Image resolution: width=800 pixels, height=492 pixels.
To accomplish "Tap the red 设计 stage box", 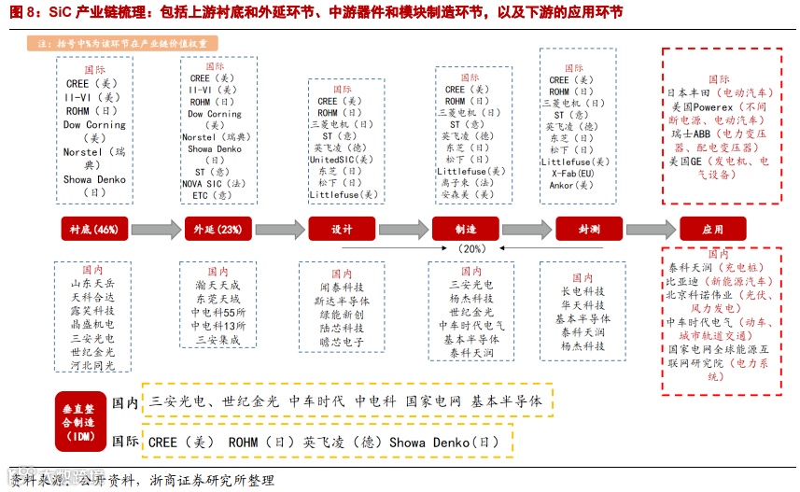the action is (x=342, y=230).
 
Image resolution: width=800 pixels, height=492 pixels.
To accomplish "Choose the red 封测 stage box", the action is (x=589, y=230).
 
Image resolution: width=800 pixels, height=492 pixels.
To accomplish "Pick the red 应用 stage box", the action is (x=713, y=230).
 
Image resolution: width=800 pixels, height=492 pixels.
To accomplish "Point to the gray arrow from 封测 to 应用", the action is (x=651, y=230).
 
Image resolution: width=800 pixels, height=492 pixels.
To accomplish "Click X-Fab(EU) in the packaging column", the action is (x=577, y=174).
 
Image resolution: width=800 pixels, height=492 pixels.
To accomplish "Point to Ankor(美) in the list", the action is (x=571, y=186).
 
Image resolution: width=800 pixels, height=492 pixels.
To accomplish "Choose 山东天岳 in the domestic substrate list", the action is (x=93, y=283).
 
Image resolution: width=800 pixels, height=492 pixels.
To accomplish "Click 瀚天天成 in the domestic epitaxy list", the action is (x=218, y=284).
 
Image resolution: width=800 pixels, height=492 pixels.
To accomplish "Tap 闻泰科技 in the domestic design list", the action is (x=342, y=288).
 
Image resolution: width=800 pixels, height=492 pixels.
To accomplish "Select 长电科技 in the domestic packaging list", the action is (x=583, y=291).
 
